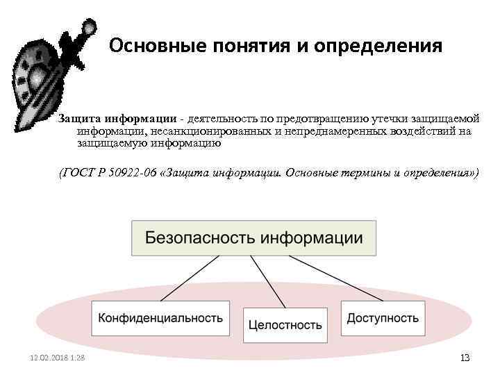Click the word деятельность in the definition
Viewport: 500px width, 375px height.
coord(222,118)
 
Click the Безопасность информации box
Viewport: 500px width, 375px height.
coord(253,238)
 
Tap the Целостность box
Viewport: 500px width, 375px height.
coord(285,324)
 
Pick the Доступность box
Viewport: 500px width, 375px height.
coord(382,318)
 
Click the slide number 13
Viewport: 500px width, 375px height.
coord(465,358)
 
